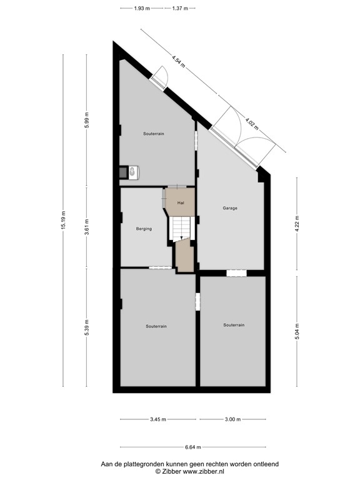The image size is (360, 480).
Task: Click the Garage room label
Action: click(x=230, y=208)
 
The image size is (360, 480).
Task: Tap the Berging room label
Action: click(x=144, y=229)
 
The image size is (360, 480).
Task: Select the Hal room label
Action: click(x=181, y=203)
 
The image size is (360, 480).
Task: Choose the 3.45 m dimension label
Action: click(x=158, y=419)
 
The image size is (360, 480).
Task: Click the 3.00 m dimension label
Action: click(x=232, y=419)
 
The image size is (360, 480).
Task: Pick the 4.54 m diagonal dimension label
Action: click(x=179, y=63)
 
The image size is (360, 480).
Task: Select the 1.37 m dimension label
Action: click(x=181, y=8)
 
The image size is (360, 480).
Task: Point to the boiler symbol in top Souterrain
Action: click(x=134, y=172)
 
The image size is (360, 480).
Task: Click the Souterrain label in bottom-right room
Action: click(x=234, y=325)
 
